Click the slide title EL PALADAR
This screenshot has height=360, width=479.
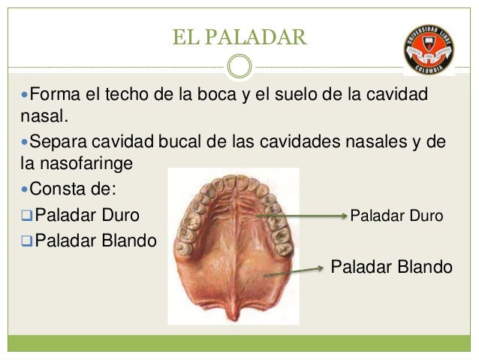(x=239, y=36)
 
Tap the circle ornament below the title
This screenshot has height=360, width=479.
(x=239, y=66)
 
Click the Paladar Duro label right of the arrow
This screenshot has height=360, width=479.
(x=396, y=216)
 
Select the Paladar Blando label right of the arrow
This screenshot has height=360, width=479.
(x=391, y=267)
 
